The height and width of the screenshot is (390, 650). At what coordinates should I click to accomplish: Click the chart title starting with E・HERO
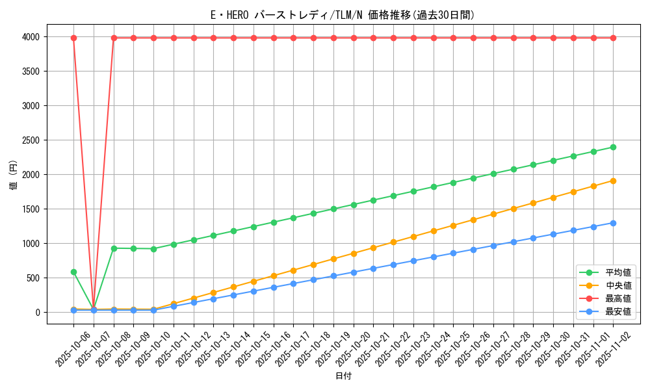pyautogui.click(x=343, y=15)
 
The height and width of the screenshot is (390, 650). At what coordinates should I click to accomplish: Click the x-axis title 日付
pyautogui.click(x=343, y=376)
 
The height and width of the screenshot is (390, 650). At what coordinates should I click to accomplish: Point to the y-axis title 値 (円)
pyautogui.click(x=14, y=175)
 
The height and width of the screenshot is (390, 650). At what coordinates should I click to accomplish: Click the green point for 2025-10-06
pyautogui.click(x=73, y=272)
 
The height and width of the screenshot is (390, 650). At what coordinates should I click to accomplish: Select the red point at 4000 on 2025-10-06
pyautogui.click(x=73, y=38)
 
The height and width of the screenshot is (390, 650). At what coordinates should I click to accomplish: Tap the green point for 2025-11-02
pyautogui.click(x=613, y=147)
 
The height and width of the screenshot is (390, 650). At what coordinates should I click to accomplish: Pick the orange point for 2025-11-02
pyautogui.click(x=613, y=181)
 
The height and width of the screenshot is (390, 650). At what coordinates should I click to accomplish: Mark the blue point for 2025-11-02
pyautogui.click(x=613, y=223)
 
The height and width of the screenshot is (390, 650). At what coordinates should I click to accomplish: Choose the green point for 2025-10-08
pyautogui.click(x=114, y=248)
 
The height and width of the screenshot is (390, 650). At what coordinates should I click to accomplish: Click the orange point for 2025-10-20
pyautogui.click(x=354, y=253)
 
